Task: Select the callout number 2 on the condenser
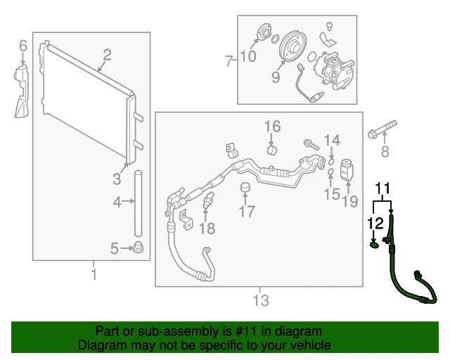coord(108,54)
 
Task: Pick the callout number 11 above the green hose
coord(381,188)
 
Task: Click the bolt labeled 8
coord(380,133)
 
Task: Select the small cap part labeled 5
coord(139,247)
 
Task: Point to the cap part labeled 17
coord(245,188)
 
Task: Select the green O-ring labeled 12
coord(374,245)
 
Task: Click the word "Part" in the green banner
coord(108,331)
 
